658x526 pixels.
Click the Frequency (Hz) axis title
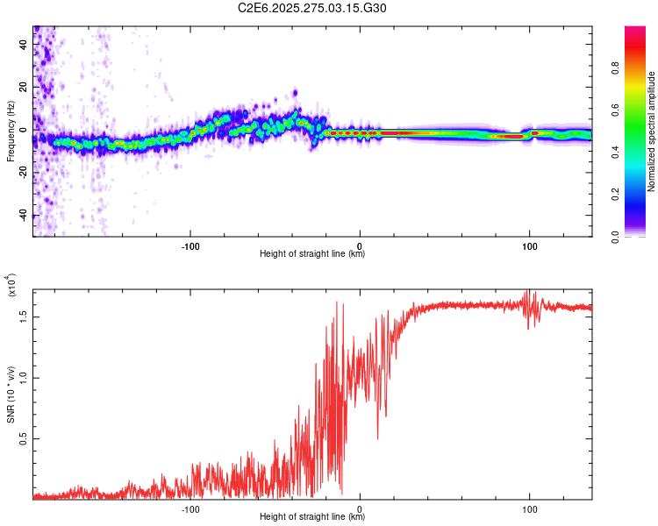(11, 131)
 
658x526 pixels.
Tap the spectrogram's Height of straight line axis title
(312, 254)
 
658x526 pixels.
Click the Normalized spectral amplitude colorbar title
(652, 131)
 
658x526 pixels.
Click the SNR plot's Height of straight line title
(312, 517)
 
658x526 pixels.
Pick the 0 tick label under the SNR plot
(360, 508)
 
